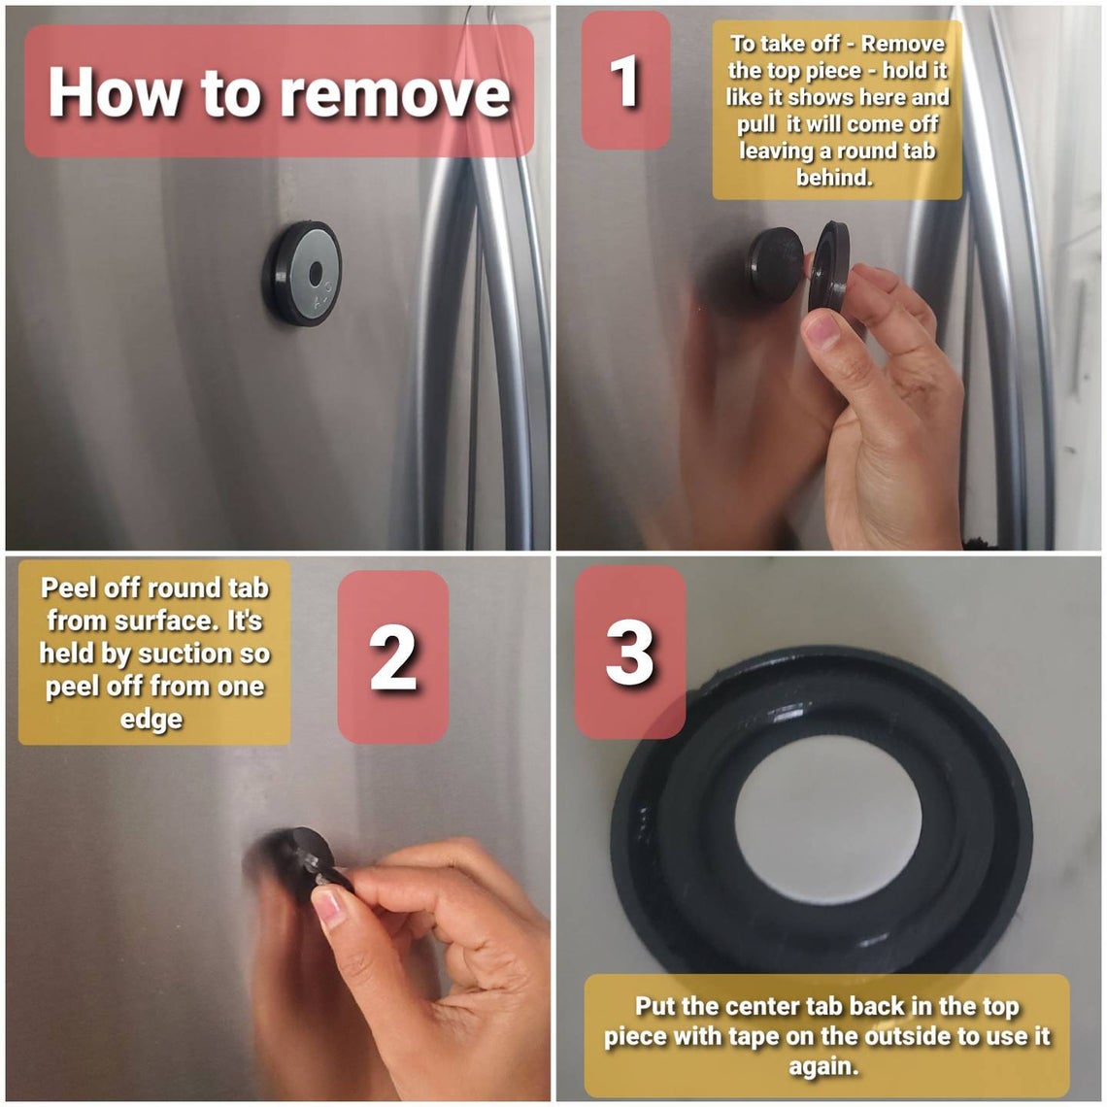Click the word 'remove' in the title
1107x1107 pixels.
[395, 92]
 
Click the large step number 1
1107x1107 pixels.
[624, 81]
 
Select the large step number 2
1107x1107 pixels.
[393, 658]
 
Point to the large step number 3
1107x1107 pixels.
[630, 653]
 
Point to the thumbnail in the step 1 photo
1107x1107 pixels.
[822, 330]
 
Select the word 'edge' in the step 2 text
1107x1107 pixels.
[151, 721]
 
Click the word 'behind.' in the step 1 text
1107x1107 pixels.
[834, 177]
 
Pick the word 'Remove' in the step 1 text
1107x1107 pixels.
[903, 44]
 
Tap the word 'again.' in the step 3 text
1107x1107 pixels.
[823, 1065]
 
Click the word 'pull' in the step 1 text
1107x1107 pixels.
[756, 124]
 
